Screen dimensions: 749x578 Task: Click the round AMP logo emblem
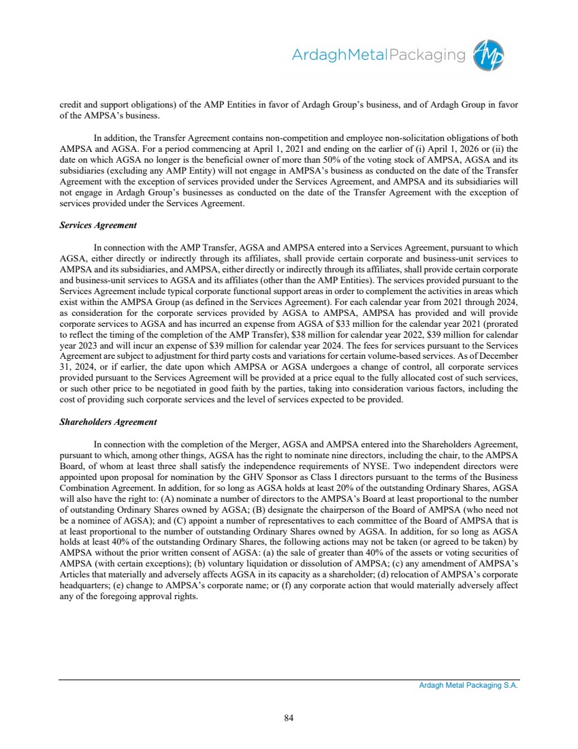492,54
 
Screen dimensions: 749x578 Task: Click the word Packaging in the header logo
427,54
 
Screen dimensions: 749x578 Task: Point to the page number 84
289,717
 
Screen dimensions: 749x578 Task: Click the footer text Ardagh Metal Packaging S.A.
468,686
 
